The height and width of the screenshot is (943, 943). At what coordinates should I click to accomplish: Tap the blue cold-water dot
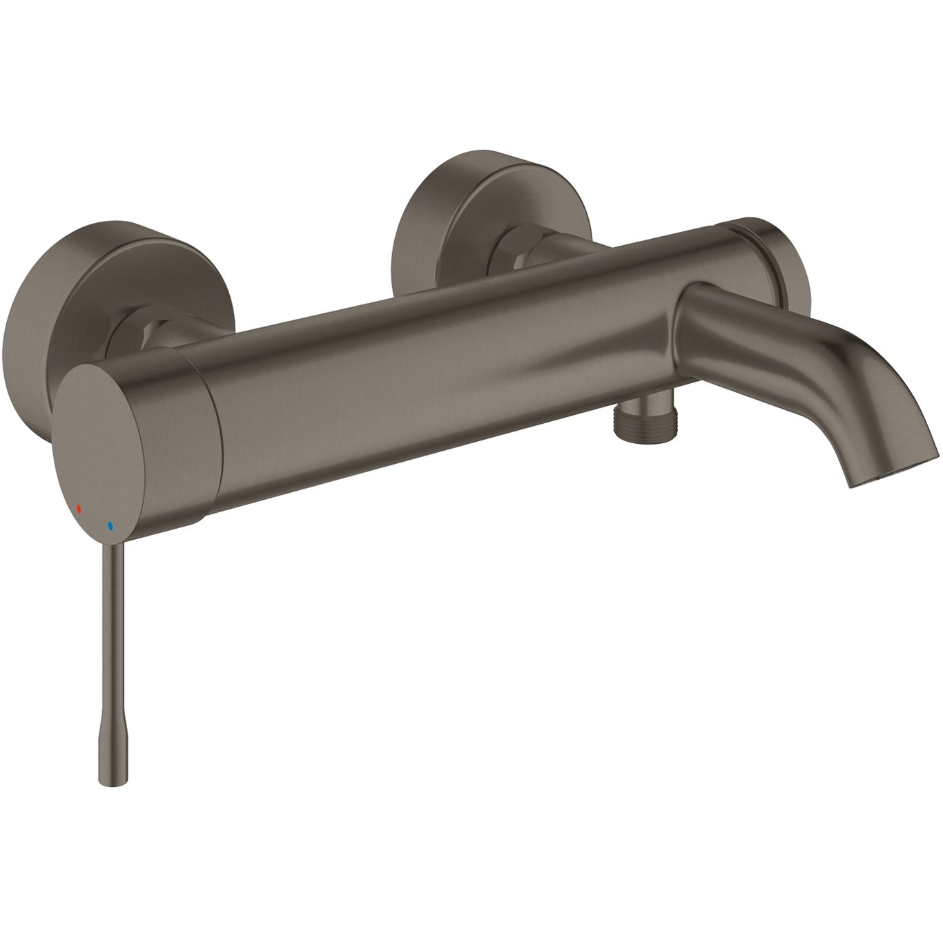click(x=109, y=526)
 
